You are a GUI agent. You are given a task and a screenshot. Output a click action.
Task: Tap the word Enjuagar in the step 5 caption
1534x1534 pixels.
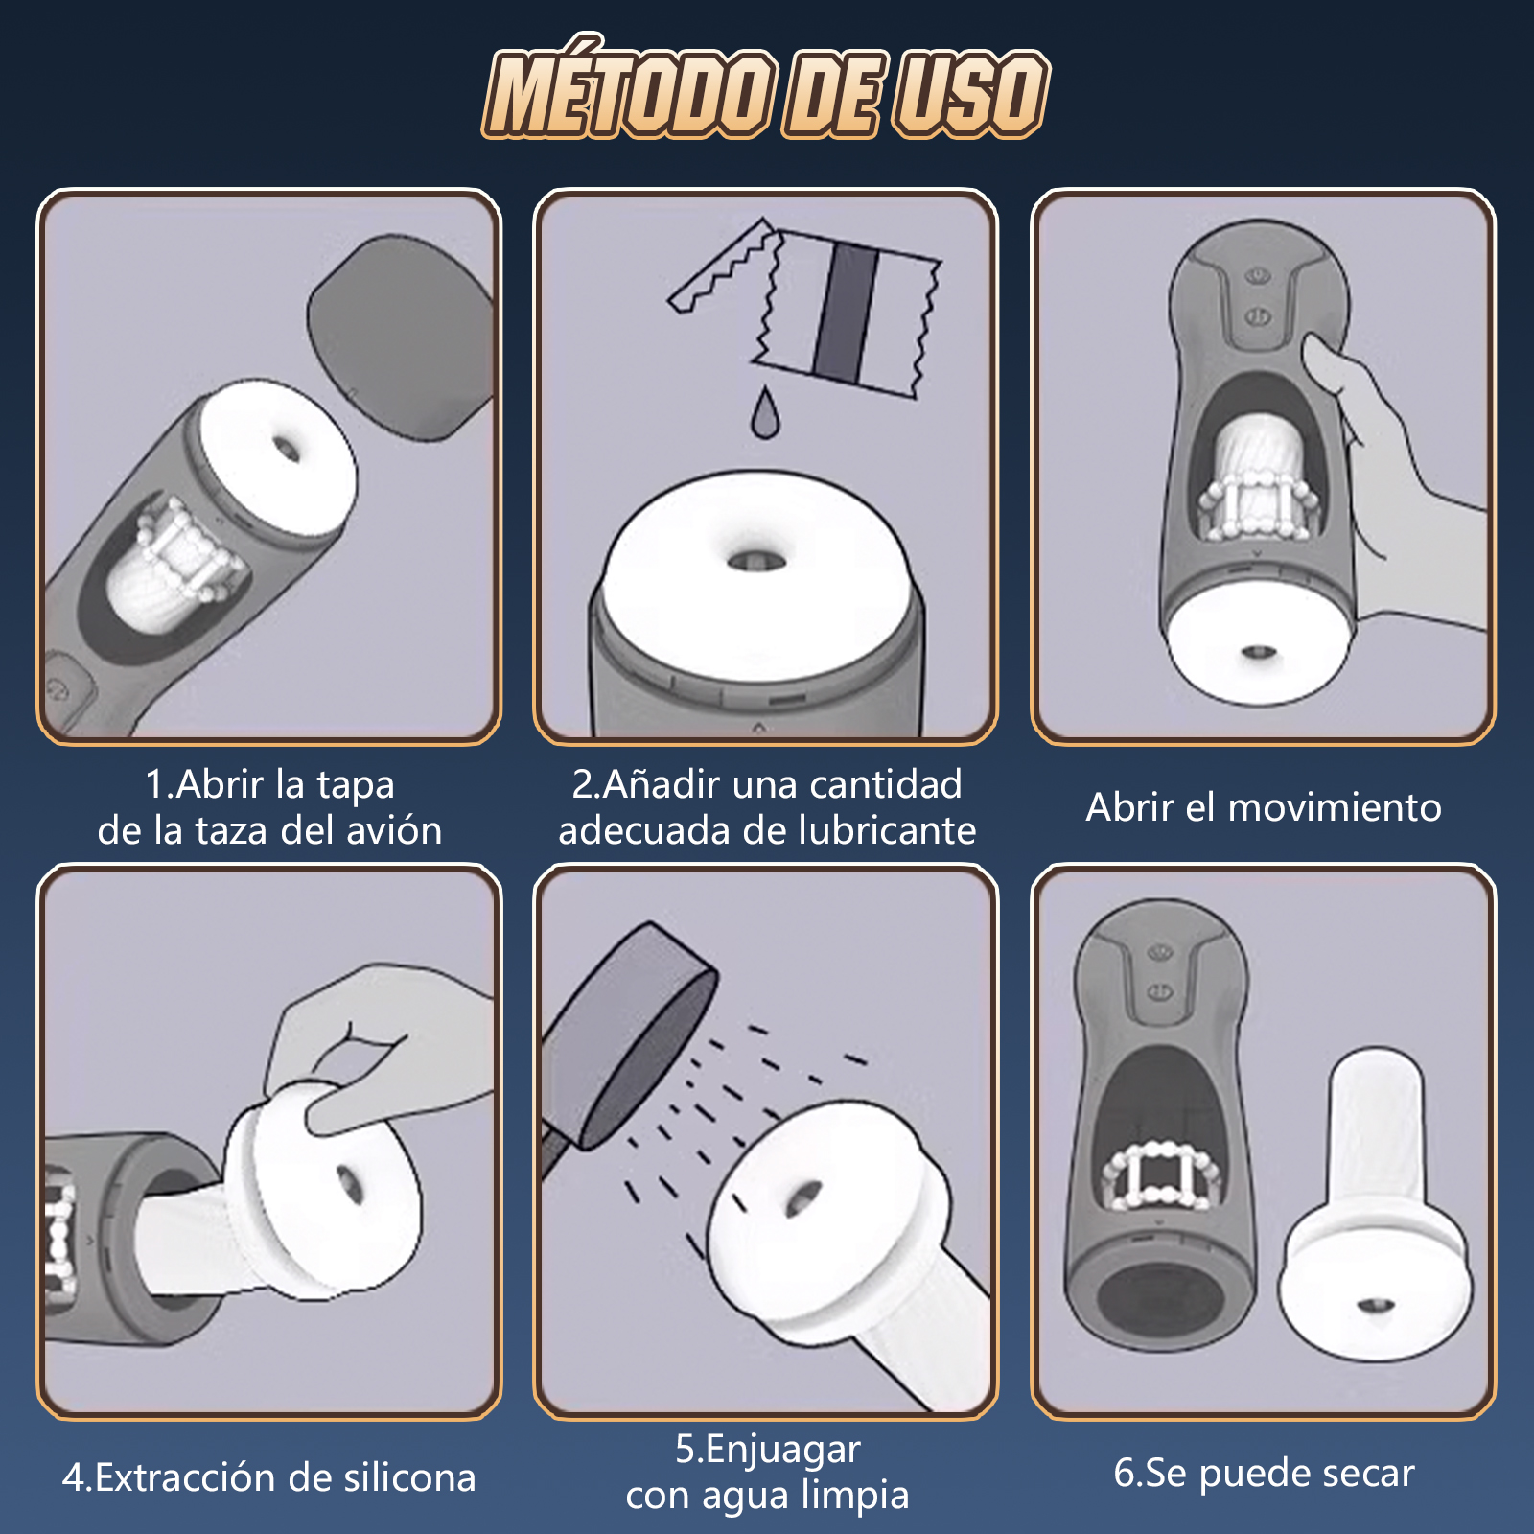782,1450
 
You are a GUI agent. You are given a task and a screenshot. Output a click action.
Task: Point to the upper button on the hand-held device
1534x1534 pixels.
1258,277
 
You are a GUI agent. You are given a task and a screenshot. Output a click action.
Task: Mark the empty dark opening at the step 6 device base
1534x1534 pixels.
1160,1304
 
